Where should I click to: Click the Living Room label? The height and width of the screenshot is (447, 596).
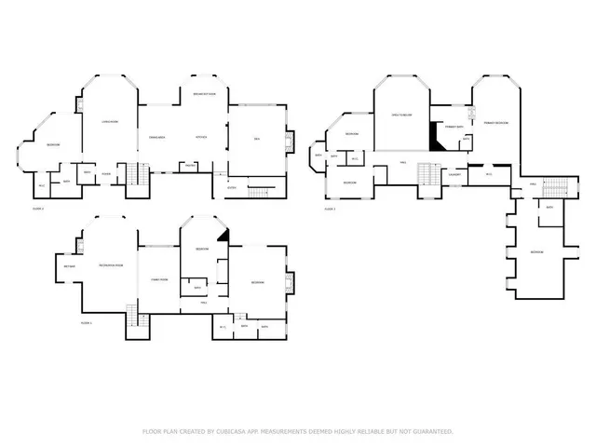(x=109, y=121)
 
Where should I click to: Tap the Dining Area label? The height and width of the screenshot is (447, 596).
(x=156, y=138)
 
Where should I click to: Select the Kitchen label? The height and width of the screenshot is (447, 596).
(x=200, y=138)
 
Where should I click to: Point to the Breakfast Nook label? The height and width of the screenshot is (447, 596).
(x=205, y=94)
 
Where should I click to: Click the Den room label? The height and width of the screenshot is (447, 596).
(x=257, y=140)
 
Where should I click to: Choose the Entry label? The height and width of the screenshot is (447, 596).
(x=231, y=187)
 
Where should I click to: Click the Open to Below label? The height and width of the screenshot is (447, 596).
(x=401, y=115)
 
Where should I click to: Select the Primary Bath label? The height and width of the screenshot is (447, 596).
(x=454, y=126)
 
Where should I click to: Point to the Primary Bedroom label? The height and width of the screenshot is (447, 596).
(x=495, y=123)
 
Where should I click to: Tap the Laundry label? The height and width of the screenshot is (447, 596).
(x=456, y=174)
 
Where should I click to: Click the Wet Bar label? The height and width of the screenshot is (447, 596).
(x=70, y=267)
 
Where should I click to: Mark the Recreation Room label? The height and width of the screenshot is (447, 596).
(x=112, y=266)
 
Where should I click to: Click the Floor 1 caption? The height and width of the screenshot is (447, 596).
(x=86, y=322)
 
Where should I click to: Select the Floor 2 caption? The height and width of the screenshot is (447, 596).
(x=37, y=209)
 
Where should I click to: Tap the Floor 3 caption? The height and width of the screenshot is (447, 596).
(x=330, y=210)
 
